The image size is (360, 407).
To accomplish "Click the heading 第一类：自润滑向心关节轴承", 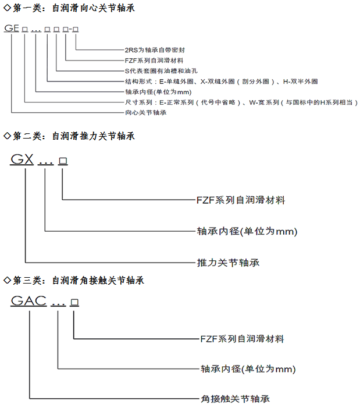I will pyautogui.click(x=73, y=8).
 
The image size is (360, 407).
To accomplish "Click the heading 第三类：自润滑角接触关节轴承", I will pyautogui.click(x=77, y=280).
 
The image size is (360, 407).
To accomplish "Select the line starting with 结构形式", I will pyautogui.click(x=221, y=82).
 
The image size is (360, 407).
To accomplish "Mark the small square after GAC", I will pyautogui.click(x=74, y=303).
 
